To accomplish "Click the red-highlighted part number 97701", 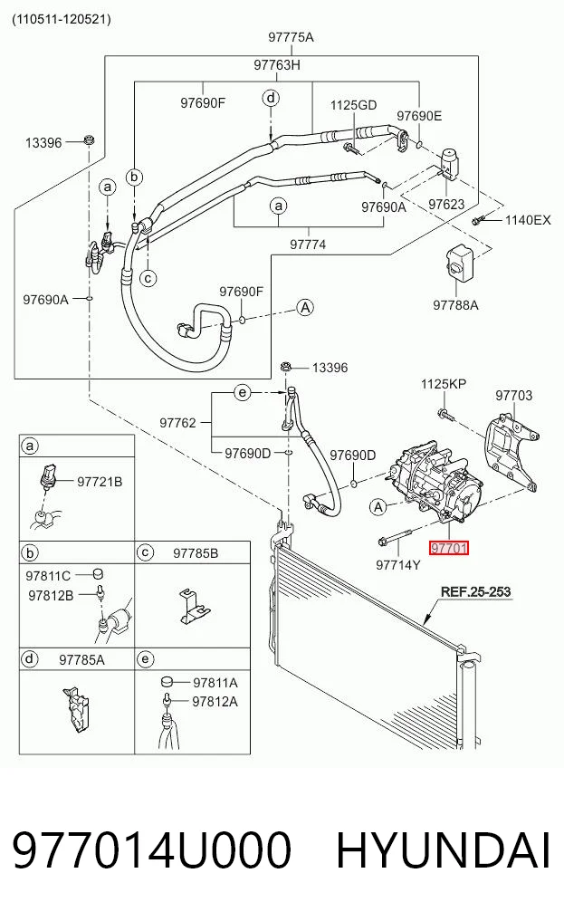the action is [449, 549].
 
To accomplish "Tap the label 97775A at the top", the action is [292, 37].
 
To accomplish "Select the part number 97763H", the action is [277, 64].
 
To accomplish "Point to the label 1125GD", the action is [353, 105].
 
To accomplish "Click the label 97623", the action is [446, 205].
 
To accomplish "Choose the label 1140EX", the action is [528, 220].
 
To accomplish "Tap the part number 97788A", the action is [455, 305].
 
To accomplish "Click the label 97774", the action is [308, 245].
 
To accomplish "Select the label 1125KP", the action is [444, 384].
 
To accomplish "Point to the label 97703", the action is [514, 396].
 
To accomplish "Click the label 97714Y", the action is [398, 565].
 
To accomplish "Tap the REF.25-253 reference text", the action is [476, 591].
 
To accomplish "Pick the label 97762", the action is [177, 422].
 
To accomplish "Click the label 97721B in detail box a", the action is [100, 482].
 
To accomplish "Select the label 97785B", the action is [196, 553].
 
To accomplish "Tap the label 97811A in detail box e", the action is [215, 683].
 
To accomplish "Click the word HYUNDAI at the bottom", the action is [444, 850].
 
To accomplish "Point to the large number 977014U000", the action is [151, 850].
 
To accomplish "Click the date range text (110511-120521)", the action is [62, 19].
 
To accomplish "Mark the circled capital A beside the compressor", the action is [378, 506].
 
